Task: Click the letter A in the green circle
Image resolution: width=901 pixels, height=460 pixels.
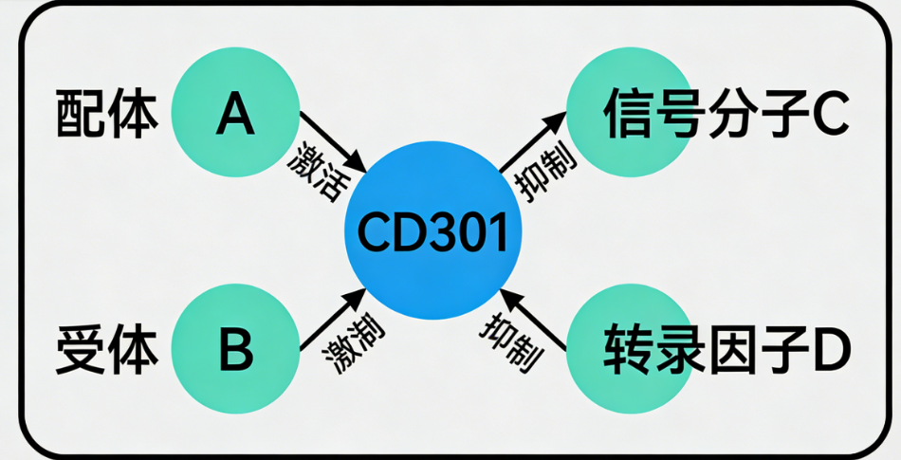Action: (234, 115)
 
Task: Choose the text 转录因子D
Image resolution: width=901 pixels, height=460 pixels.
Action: (726, 350)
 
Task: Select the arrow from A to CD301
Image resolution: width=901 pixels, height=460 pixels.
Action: (333, 141)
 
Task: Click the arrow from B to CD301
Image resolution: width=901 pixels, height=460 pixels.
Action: (332, 319)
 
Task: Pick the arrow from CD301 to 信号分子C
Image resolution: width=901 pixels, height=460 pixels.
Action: (532, 142)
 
